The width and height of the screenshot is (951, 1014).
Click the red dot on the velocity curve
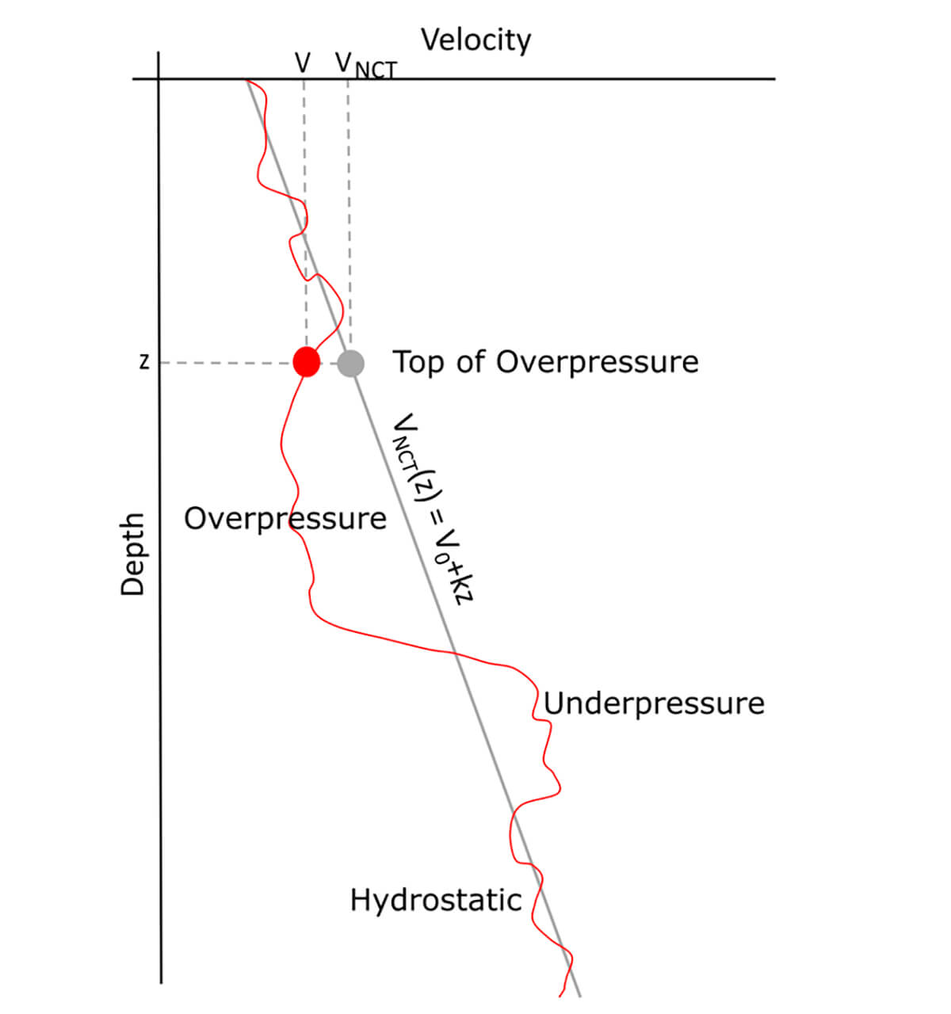pos(306,362)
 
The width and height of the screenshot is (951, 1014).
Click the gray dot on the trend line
pos(350,363)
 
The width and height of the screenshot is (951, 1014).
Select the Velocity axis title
pos(475,40)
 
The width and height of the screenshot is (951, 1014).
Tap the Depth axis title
pos(132,554)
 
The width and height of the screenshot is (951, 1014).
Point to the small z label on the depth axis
pos(143,363)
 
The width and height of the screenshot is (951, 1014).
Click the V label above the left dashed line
pos(302,63)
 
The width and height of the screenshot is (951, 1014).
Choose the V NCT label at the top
pos(365,65)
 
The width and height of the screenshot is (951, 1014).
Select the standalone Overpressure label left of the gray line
pos(285,519)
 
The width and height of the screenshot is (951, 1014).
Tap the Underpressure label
pos(654,703)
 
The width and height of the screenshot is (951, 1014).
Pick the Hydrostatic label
pos(436,900)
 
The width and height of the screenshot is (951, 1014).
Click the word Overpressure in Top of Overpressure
pos(598,362)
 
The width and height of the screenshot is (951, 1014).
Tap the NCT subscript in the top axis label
pos(376,71)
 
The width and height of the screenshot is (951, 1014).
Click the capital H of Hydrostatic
pos(360,900)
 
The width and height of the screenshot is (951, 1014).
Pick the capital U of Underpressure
pos(553,703)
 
